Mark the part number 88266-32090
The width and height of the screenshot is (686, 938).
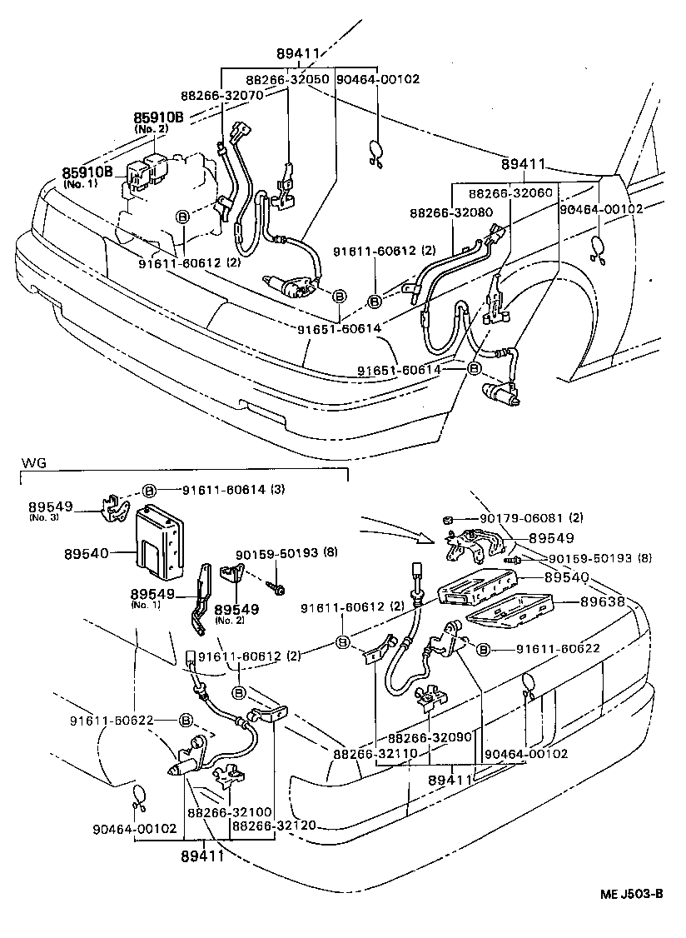click(x=430, y=738)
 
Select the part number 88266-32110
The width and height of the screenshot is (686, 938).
click(x=372, y=754)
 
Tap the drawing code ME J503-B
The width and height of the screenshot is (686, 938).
click(x=632, y=894)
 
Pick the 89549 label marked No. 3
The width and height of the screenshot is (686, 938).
click(x=50, y=506)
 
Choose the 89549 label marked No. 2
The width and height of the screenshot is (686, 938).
click(x=236, y=610)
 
